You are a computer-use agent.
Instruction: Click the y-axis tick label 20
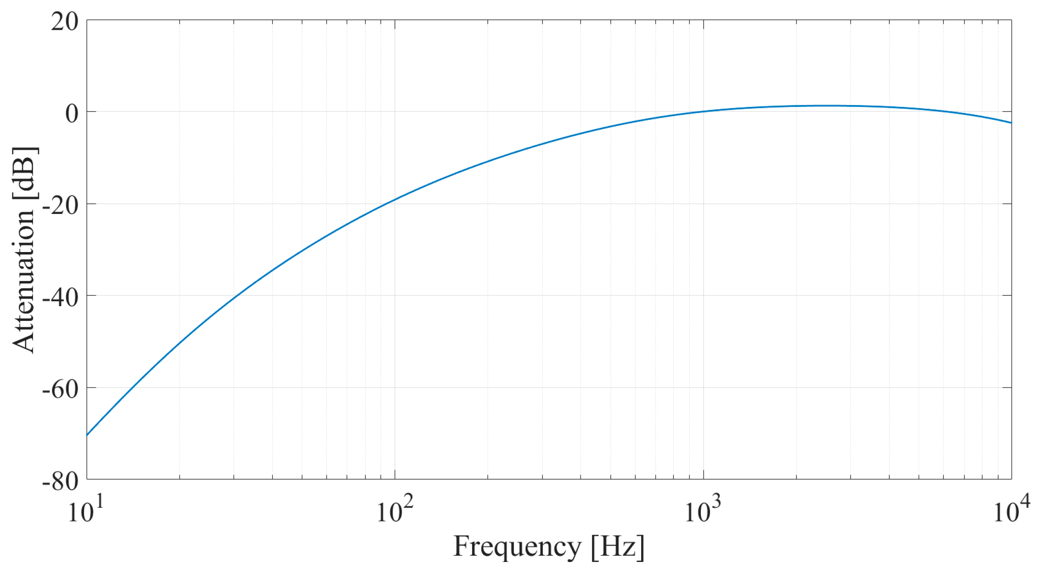(64, 22)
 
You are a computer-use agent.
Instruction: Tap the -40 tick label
(59, 298)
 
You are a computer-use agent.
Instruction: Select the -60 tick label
(59, 389)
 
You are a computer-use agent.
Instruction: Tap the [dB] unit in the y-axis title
(24, 173)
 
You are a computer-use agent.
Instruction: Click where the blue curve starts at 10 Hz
(87, 434)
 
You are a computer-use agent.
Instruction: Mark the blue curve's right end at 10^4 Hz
(1011, 123)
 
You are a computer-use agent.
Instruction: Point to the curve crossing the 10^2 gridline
(395, 200)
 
